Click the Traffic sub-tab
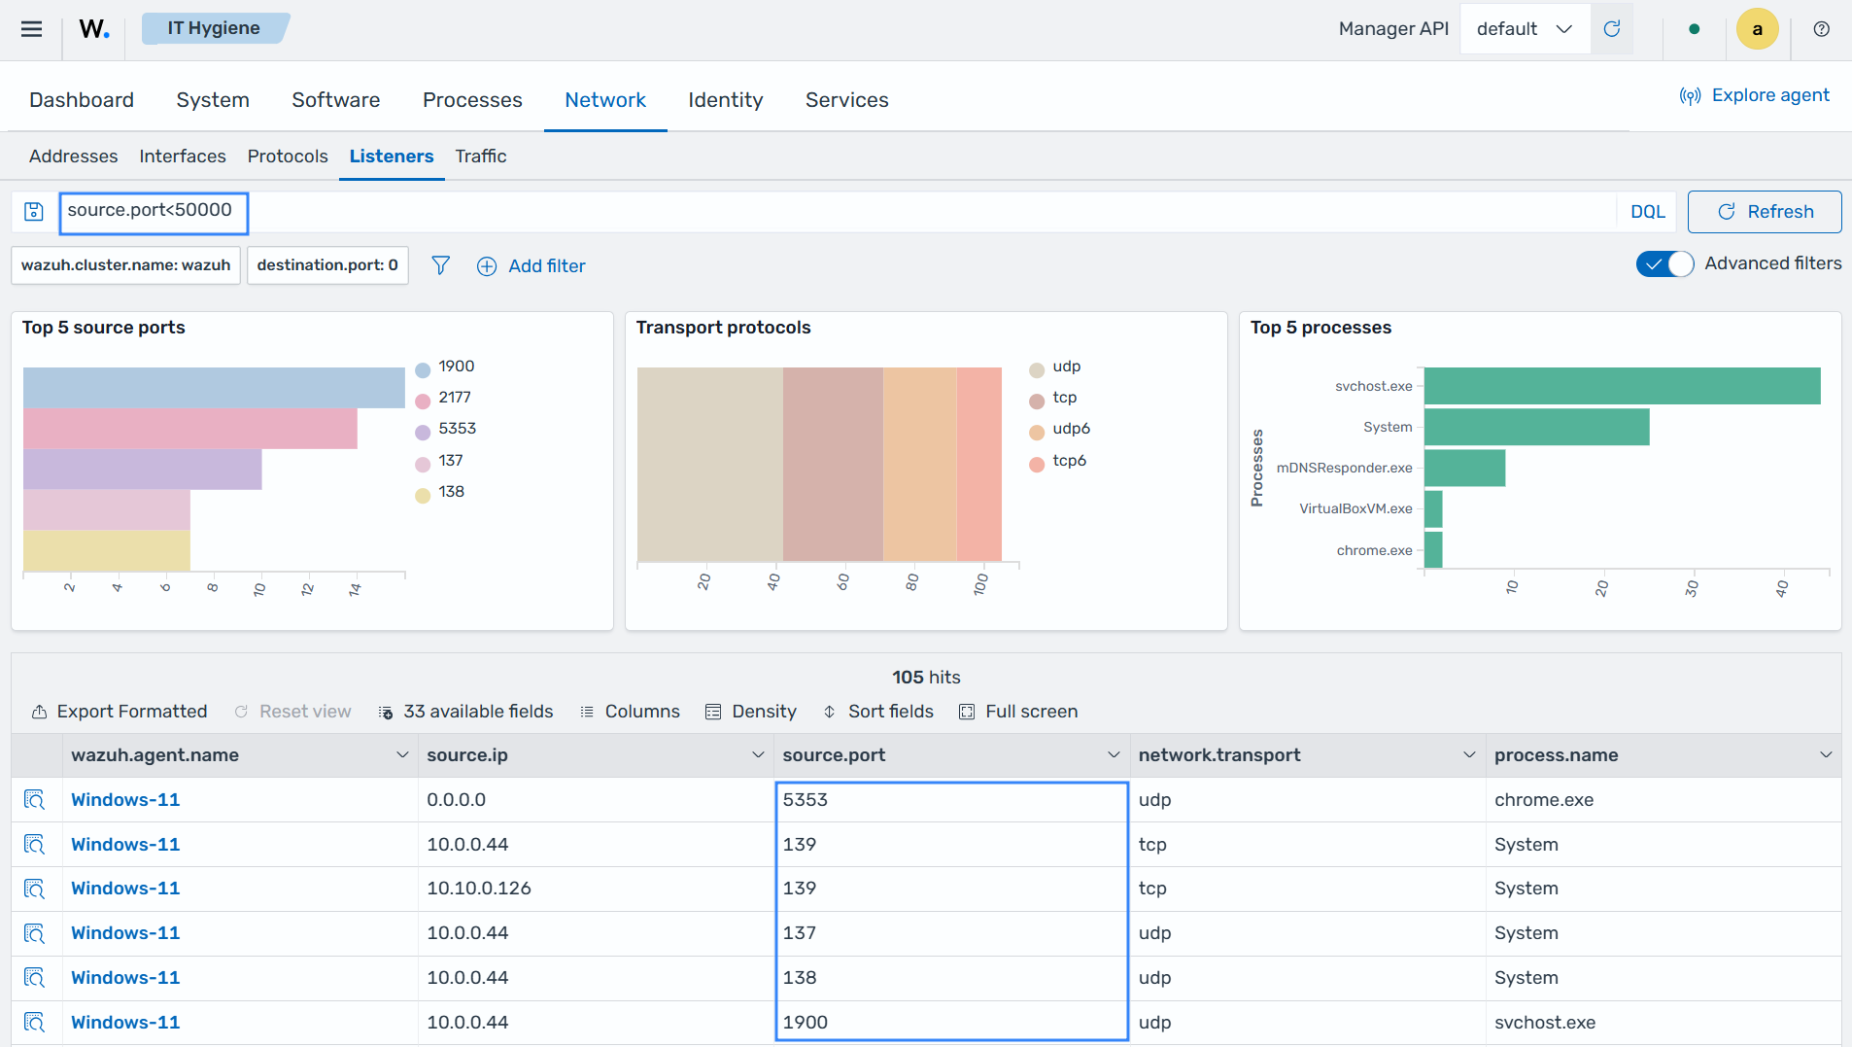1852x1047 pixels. (480, 157)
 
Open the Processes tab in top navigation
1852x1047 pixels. (472, 100)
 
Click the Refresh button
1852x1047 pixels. (1764, 212)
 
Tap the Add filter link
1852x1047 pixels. (532, 266)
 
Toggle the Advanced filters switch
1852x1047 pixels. (1664, 264)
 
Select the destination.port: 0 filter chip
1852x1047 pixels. (327, 265)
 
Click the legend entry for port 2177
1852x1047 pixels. (444, 398)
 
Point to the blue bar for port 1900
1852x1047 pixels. (214, 388)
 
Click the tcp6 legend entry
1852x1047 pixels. (1058, 461)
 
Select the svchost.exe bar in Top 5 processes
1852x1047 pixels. (1622, 386)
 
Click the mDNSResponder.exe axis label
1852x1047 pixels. (1344, 469)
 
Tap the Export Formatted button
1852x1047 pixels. (120, 712)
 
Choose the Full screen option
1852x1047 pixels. (1018, 712)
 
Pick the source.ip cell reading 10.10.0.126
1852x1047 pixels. (479, 889)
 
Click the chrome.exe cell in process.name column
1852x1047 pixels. (1544, 800)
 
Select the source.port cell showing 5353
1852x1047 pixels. (806, 800)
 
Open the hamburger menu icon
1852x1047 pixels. (31, 29)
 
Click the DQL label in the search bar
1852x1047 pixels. (1647, 212)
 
